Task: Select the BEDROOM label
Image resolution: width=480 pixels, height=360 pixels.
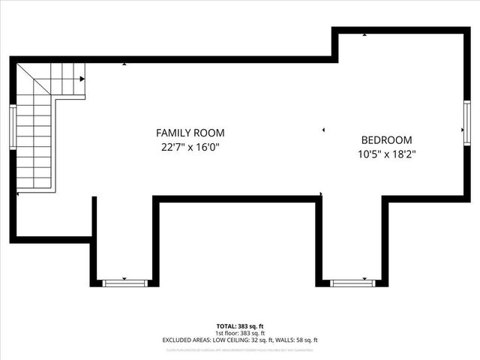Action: [386, 139]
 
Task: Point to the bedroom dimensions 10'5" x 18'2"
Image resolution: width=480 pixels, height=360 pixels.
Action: [386, 154]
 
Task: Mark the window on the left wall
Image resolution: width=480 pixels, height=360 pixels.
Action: [13, 126]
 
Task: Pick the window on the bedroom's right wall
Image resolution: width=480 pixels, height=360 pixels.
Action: [466, 123]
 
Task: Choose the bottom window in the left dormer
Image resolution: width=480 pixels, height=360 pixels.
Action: [125, 283]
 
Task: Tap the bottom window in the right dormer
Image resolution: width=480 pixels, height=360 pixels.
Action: [352, 283]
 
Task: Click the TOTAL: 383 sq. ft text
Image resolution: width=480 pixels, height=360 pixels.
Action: [240, 326]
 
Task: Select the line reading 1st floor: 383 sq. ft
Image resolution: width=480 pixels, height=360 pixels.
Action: [240, 333]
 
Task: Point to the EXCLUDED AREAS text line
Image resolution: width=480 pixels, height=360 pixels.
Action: [240, 340]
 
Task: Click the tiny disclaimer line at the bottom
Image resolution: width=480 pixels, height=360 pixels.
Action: [240, 349]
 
